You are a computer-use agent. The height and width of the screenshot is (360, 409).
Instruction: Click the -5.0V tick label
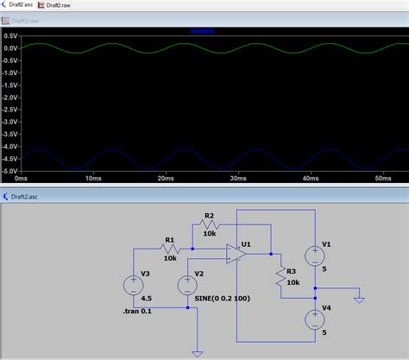(x=9, y=170)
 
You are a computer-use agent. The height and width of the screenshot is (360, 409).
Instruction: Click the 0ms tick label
(x=21, y=178)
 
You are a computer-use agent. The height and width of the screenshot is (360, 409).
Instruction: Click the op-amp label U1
(x=246, y=244)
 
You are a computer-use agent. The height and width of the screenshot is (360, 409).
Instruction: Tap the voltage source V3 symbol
(x=134, y=284)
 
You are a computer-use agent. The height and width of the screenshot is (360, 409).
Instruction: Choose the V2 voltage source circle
(x=187, y=284)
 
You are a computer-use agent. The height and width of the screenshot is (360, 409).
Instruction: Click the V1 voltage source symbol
(x=316, y=253)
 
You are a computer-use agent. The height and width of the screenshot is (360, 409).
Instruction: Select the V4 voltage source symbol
(x=316, y=319)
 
